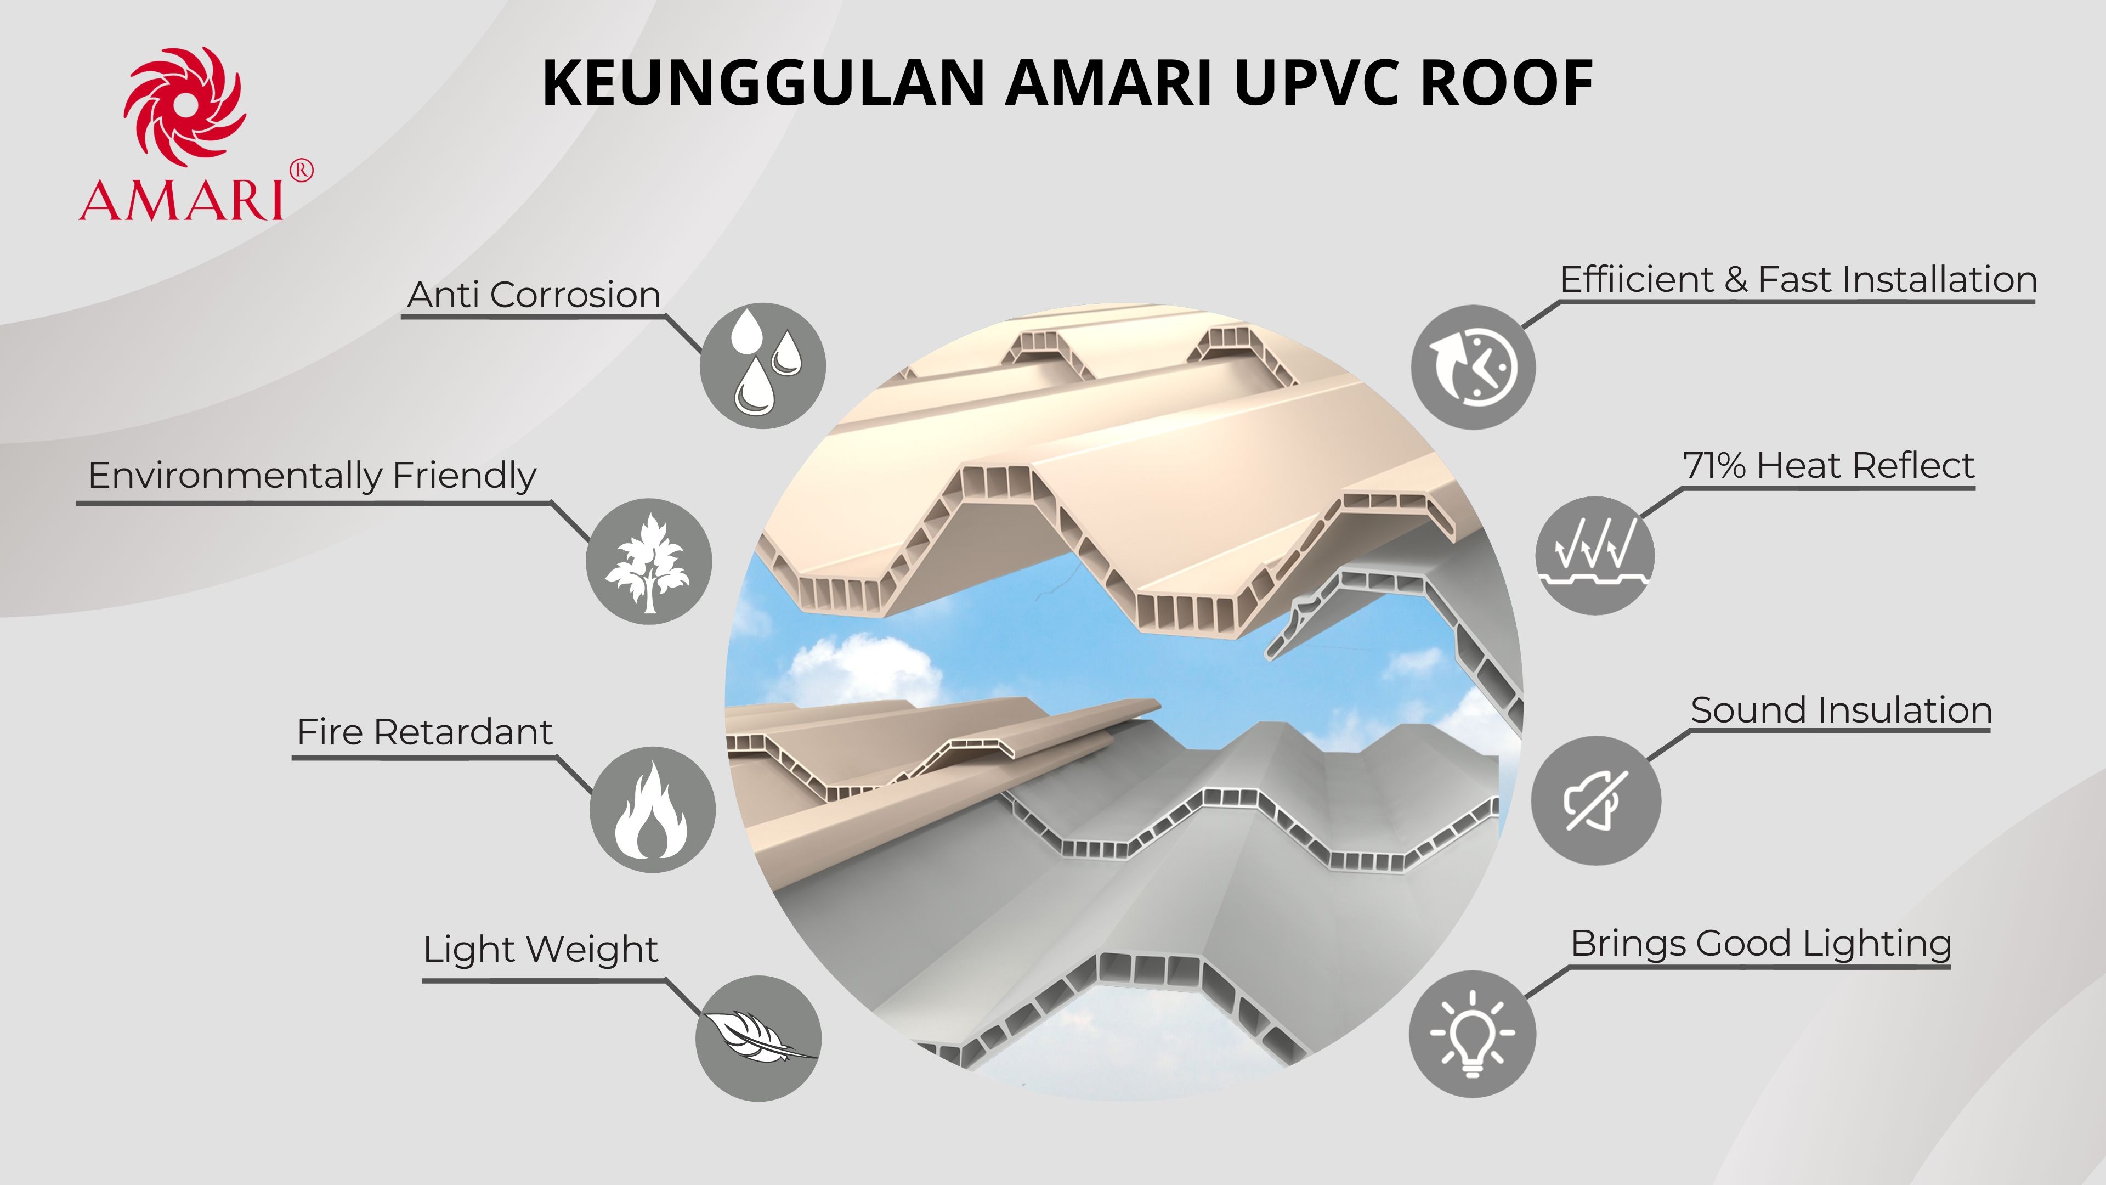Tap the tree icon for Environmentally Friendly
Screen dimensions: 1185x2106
pos(648,562)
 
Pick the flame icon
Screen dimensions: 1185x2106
pos(652,810)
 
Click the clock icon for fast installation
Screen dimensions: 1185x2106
pos(1473,367)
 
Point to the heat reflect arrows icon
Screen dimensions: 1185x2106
pos(1594,555)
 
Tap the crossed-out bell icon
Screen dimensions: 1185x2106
pos(1595,800)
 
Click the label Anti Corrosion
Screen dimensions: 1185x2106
pos(534,295)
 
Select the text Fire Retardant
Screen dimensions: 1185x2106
pos(424,732)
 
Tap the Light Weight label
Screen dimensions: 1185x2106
pos(540,950)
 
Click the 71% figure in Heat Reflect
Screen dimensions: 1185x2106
pos(1714,466)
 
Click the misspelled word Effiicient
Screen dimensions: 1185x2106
pos(1637,280)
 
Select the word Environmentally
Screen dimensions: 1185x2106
pos(235,475)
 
